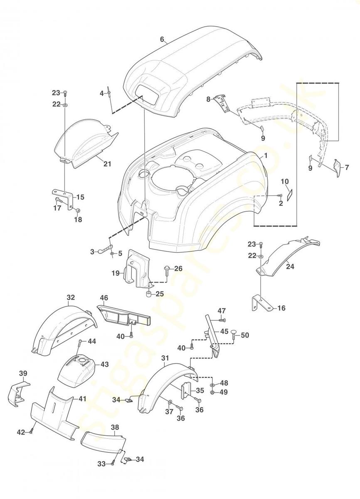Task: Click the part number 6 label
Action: pyautogui.click(x=163, y=40)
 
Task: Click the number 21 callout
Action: pyautogui.click(x=107, y=164)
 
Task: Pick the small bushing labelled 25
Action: pyautogui.click(x=148, y=295)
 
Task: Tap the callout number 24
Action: pyautogui.click(x=290, y=267)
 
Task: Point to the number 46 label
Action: pyautogui.click(x=104, y=298)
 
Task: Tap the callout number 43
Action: pyautogui.click(x=104, y=364)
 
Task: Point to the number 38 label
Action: pyautogui.click(x=115, y=427)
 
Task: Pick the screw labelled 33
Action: pyautogui.click(x=113, y=463)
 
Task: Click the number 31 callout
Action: pyautogui.click(x=165, y=358)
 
